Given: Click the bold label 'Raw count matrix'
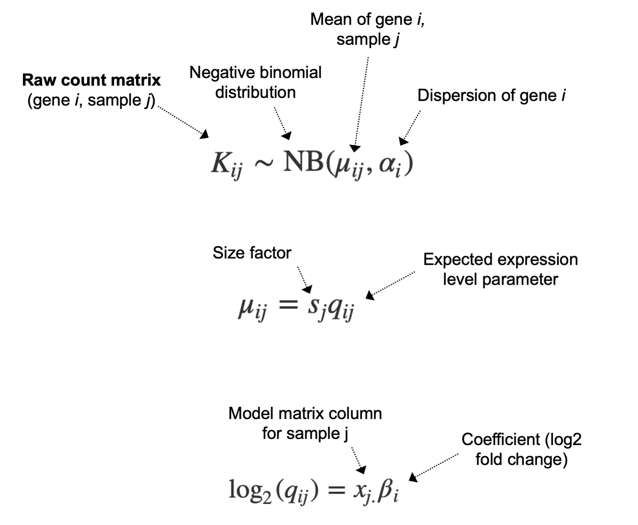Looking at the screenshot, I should click(x=91, y=80).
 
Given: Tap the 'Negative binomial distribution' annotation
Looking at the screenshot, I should click(x=255, y=82).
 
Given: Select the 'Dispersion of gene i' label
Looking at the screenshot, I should click(x=491, y=95).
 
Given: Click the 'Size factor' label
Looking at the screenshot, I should click(x=252, y=253).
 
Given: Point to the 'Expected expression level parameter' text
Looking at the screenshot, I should click(x=500, y=269).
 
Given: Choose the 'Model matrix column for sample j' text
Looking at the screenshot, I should click(x=305, y=423).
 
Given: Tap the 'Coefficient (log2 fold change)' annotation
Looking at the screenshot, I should click(x=521, y=449).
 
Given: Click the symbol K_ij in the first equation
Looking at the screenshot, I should click(x=226, y=165).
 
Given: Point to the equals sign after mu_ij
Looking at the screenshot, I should click(x=287, y=305).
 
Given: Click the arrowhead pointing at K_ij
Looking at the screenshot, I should click(x=205, y=134).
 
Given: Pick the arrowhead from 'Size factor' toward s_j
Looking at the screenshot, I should click(x=308, y=289).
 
